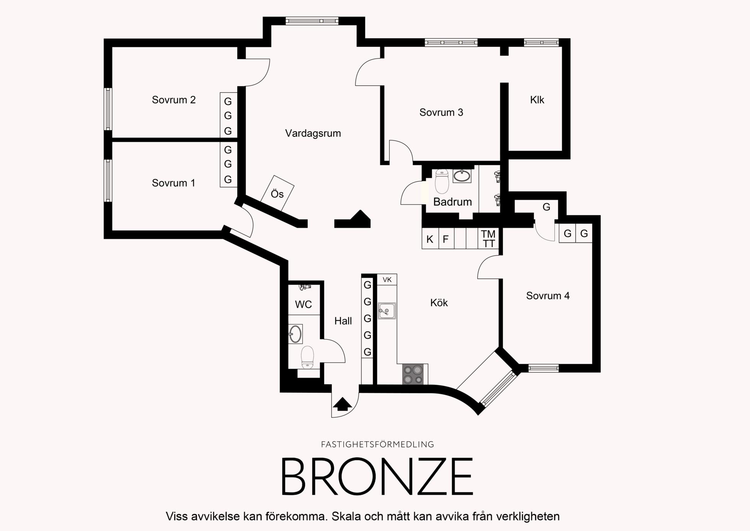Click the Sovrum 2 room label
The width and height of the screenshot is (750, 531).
coord(174,100)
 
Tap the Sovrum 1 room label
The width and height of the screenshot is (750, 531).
coord(173,183)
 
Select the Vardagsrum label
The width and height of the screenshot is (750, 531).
coord(313,133)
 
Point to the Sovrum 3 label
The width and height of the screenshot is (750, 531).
coord(441,113)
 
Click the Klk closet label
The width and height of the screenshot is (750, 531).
coord(537,100)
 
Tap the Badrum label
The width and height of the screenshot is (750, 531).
coord(452,202)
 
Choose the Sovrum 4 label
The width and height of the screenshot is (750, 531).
coord(548,296)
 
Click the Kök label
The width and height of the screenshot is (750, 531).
coord(439,303)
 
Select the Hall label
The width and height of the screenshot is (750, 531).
coord(343,321)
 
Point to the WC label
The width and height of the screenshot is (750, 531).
coord(303,305)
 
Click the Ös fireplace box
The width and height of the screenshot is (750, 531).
coord(277,193)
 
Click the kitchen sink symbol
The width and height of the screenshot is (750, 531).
coord(387,311)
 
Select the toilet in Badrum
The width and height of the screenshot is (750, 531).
coord(442,181)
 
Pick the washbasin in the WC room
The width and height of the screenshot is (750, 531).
coord(295,334)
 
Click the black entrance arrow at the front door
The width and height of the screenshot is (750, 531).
coord(342,404)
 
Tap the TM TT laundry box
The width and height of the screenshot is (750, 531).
coord(488,239)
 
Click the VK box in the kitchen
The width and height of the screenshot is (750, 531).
coord(387,280)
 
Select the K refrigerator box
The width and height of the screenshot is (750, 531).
coord(430,239)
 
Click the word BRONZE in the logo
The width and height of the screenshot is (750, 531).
coord(377,477)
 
